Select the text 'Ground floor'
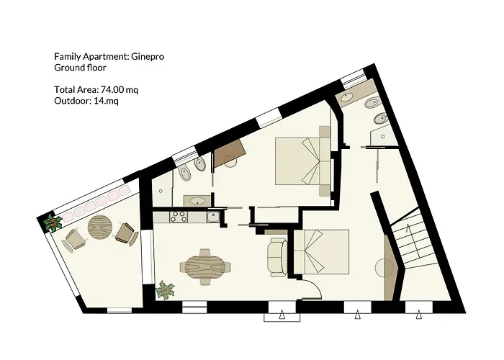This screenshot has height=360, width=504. pos(80,68)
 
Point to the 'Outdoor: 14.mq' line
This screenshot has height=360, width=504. pos(86,101)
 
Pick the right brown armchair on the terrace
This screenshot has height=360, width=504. pos(125,233)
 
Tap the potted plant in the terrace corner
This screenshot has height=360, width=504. pos(52,222)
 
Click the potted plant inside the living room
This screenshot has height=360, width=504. pos(166,290)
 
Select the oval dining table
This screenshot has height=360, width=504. pos(204,268)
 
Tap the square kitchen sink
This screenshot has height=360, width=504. pos(212,215)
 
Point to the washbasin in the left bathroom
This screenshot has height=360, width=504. pos(195,199)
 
